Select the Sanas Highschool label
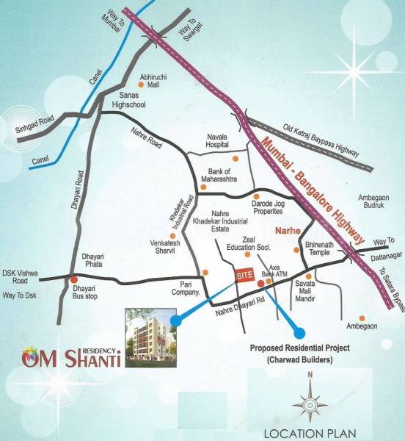pos(128,100)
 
